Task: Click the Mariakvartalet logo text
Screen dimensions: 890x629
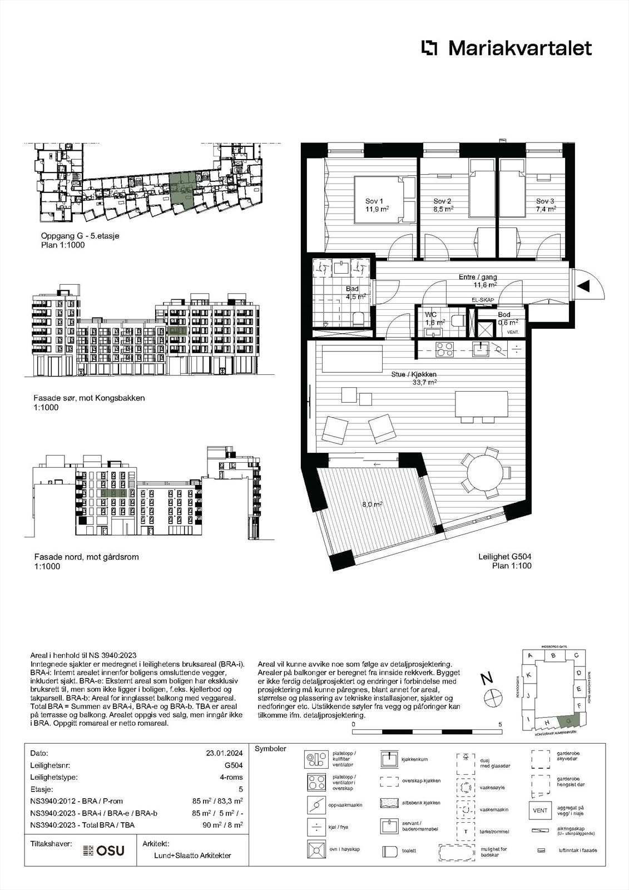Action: (519, 48)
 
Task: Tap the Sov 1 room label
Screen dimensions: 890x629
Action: (374, 201)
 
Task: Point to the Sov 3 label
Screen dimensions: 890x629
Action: (545, 201)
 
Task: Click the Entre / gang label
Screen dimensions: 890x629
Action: (478, 277)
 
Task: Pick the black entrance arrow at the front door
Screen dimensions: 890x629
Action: (583, 286)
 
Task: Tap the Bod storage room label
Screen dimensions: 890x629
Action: (504, 315)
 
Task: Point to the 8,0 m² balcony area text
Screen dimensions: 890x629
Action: (372, 505)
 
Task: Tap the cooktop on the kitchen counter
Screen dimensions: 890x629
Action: (444, 349)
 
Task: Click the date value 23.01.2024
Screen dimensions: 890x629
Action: (224, 753)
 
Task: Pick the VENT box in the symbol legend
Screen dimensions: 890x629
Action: (540, 810)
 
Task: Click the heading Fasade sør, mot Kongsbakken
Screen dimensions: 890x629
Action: (89, 398)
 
